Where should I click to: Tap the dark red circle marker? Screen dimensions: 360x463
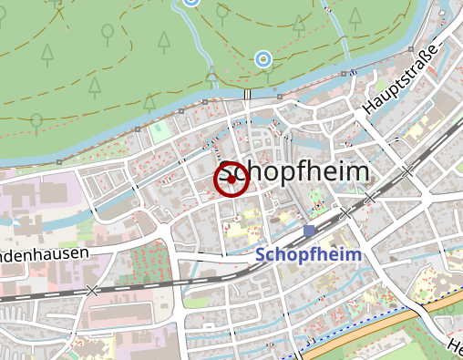point(231,180)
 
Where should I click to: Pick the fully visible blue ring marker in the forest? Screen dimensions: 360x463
point(262,60)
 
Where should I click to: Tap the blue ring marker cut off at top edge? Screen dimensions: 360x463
point(190,2)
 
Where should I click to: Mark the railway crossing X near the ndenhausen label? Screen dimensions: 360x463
point(91,290)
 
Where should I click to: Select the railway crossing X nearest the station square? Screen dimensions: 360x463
point(345,212)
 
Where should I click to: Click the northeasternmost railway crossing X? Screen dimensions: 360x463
point(406,170)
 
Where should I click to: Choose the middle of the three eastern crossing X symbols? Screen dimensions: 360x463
point(369,197)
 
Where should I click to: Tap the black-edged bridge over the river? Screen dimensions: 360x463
point(248,95)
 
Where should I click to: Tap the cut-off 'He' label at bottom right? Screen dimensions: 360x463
point(456,347)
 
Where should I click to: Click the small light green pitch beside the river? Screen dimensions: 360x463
point(161,131)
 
